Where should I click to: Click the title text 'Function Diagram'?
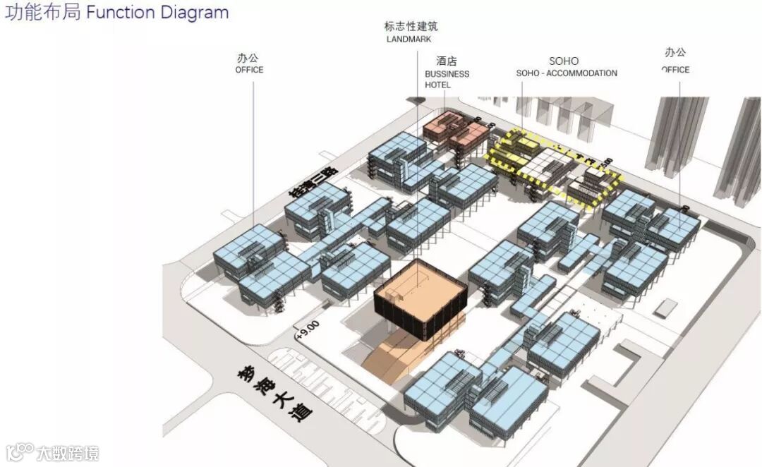pos(157,13)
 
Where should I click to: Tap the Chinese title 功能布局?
pos(43,13)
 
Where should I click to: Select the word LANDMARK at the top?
pos(408,40)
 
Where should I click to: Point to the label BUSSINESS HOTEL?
pos(447,79)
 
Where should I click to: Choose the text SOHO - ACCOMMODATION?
pos(567,73)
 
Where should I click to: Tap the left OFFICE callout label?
pos(249,70)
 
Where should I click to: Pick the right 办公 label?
pos(675,52)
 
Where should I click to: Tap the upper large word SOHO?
pos(564,61)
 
